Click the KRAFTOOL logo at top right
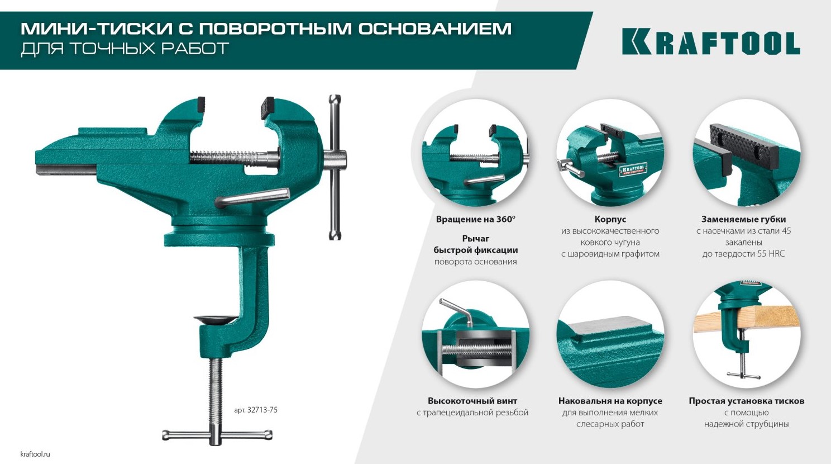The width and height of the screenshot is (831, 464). pos(711,41)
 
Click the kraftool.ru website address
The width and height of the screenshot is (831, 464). pos(35,454)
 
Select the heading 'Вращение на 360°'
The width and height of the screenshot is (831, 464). pos(476,219)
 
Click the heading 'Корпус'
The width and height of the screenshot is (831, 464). pos(610,219)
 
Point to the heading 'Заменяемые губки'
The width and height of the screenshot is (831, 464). pos(743,219)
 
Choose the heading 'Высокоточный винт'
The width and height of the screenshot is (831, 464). pos(472,401)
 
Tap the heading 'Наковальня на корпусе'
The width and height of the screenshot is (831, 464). pos(610,401)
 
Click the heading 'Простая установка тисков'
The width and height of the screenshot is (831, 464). pos(747,401)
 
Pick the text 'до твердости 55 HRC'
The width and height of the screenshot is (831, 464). pos(743,254)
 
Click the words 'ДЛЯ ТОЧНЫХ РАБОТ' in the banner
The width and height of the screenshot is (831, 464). pos(125,49)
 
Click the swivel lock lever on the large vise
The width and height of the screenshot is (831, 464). pos(253,197)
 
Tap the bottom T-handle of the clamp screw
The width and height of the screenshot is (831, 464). pos(217,435)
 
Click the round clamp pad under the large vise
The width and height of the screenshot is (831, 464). pos(216,319)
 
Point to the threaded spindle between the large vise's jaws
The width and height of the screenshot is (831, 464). pos(233,158)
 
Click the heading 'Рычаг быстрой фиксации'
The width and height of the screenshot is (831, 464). pos(476,244)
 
